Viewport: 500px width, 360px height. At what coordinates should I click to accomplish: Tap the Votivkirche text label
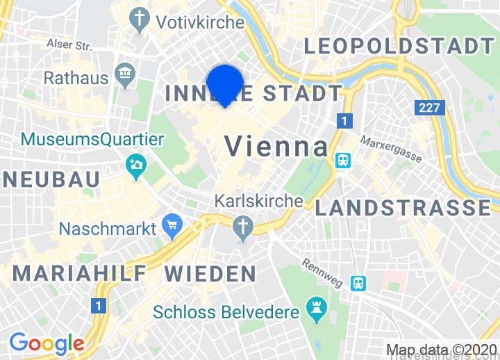200,22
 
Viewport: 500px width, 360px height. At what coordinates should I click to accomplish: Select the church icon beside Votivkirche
141,19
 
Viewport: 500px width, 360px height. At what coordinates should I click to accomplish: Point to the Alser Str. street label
69,44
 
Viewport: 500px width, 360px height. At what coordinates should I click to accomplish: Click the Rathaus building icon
126,74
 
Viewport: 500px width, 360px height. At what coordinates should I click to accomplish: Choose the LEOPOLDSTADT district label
399,47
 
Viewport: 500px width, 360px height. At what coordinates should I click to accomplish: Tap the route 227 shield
428,108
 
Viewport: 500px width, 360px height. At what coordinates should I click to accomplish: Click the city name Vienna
276,147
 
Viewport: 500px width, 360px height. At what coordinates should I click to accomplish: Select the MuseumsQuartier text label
92,139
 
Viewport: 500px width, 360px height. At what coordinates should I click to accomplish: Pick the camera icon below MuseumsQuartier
135,165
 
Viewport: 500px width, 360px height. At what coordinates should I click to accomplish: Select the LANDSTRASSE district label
403,207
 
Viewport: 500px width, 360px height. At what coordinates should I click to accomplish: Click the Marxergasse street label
390,149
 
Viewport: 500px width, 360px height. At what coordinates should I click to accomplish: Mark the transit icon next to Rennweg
358,282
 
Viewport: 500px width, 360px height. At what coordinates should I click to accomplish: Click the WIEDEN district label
210,272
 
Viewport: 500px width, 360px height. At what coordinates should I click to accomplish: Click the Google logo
47,343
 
